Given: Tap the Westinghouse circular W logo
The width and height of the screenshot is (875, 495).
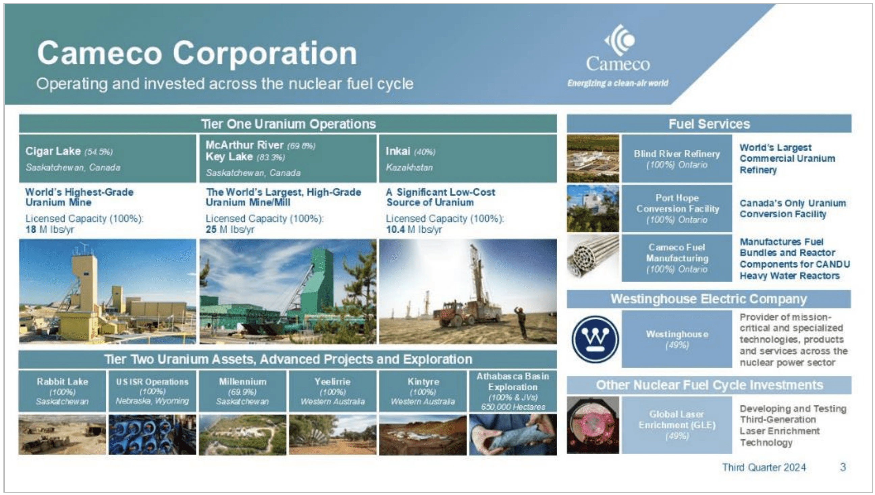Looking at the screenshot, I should tap(595, 339).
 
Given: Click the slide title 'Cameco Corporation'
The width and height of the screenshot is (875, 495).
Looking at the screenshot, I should tap(197, 53).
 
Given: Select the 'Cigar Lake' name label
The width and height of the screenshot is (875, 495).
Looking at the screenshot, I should tap(53, 151).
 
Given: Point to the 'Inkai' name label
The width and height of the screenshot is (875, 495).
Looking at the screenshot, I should tap(398, 151).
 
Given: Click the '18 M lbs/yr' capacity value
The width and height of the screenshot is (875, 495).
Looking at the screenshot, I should tap(50, 230).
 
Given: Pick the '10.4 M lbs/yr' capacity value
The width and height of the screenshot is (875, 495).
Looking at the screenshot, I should tap(414, 230).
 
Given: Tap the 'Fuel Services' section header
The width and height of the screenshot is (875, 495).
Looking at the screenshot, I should tap(709, 124).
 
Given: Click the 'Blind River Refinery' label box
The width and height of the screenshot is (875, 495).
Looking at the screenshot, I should tap(677, 159).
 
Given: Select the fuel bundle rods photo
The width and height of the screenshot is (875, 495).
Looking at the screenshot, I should tap(593, 258).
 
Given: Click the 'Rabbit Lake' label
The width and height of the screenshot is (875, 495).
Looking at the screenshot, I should tap(62, 382).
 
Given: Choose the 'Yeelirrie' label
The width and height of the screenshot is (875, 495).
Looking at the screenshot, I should tap(332, 382).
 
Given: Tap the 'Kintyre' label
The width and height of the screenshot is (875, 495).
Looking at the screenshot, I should tap(423, 382).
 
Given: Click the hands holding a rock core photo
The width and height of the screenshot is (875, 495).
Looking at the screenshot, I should tap(513, 435).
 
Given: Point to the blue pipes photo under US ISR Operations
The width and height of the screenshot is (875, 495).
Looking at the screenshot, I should tap(152, 435).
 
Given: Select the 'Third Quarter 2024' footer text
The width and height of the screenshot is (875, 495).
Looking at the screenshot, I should tap(764, 467).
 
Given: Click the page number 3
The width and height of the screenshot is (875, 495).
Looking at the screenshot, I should tap(843, 467).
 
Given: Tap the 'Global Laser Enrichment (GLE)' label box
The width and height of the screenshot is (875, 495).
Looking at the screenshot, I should tap(677, 425).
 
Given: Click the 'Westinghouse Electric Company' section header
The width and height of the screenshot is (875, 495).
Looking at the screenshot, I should tap(709, 299).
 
